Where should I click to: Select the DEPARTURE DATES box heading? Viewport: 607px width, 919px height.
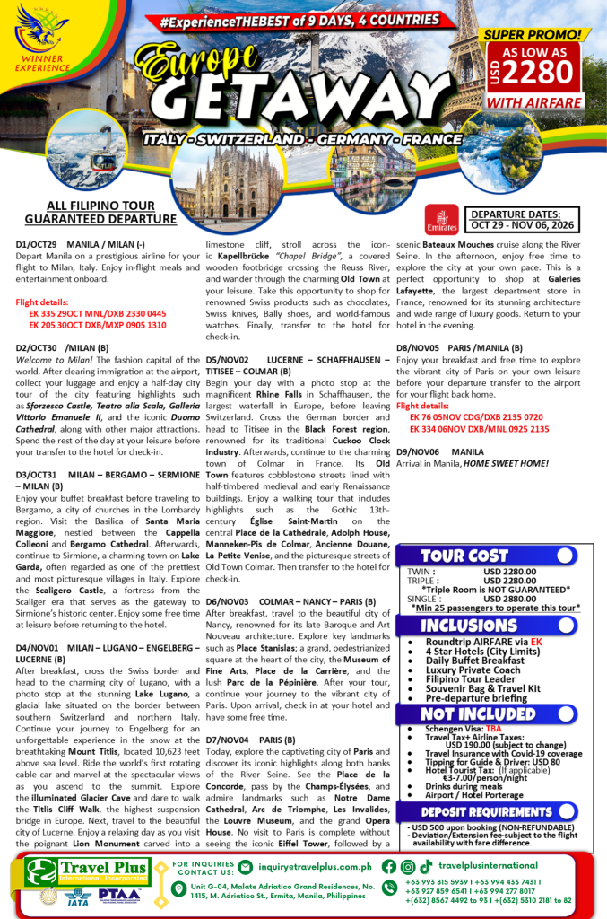click(527, 214)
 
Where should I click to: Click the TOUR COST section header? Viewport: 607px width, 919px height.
click(464, 556)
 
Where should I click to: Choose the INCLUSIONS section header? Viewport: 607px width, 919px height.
click(469, 625)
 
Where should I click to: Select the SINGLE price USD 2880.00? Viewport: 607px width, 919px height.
click(510, 597)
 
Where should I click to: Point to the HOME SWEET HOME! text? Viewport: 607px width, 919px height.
click(505, 463)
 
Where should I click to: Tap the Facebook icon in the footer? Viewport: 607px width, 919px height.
click(388, 866)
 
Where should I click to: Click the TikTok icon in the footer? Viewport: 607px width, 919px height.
click(425, 866)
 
